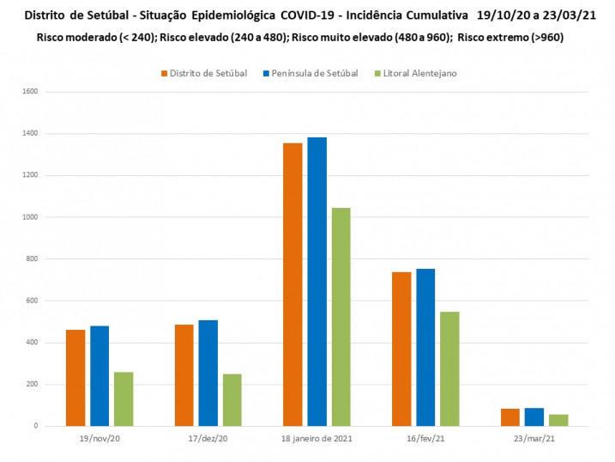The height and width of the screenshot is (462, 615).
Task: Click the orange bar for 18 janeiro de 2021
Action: click(x=292, y=284)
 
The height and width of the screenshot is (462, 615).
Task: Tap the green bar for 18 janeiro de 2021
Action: click(x=341, y=317)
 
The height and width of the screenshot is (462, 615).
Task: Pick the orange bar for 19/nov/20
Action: click(x=75, y=378)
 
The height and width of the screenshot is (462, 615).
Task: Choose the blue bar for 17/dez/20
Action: click(x=208, y=373)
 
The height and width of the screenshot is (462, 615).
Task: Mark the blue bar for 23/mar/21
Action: click(x=534, y=416)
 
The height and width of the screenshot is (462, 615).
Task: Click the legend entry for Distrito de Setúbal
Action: click(x=203, y=73)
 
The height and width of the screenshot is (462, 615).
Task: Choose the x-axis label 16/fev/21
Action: click(x=425, y=438)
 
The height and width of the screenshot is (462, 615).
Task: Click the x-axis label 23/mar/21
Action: click(x=534, y=438)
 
